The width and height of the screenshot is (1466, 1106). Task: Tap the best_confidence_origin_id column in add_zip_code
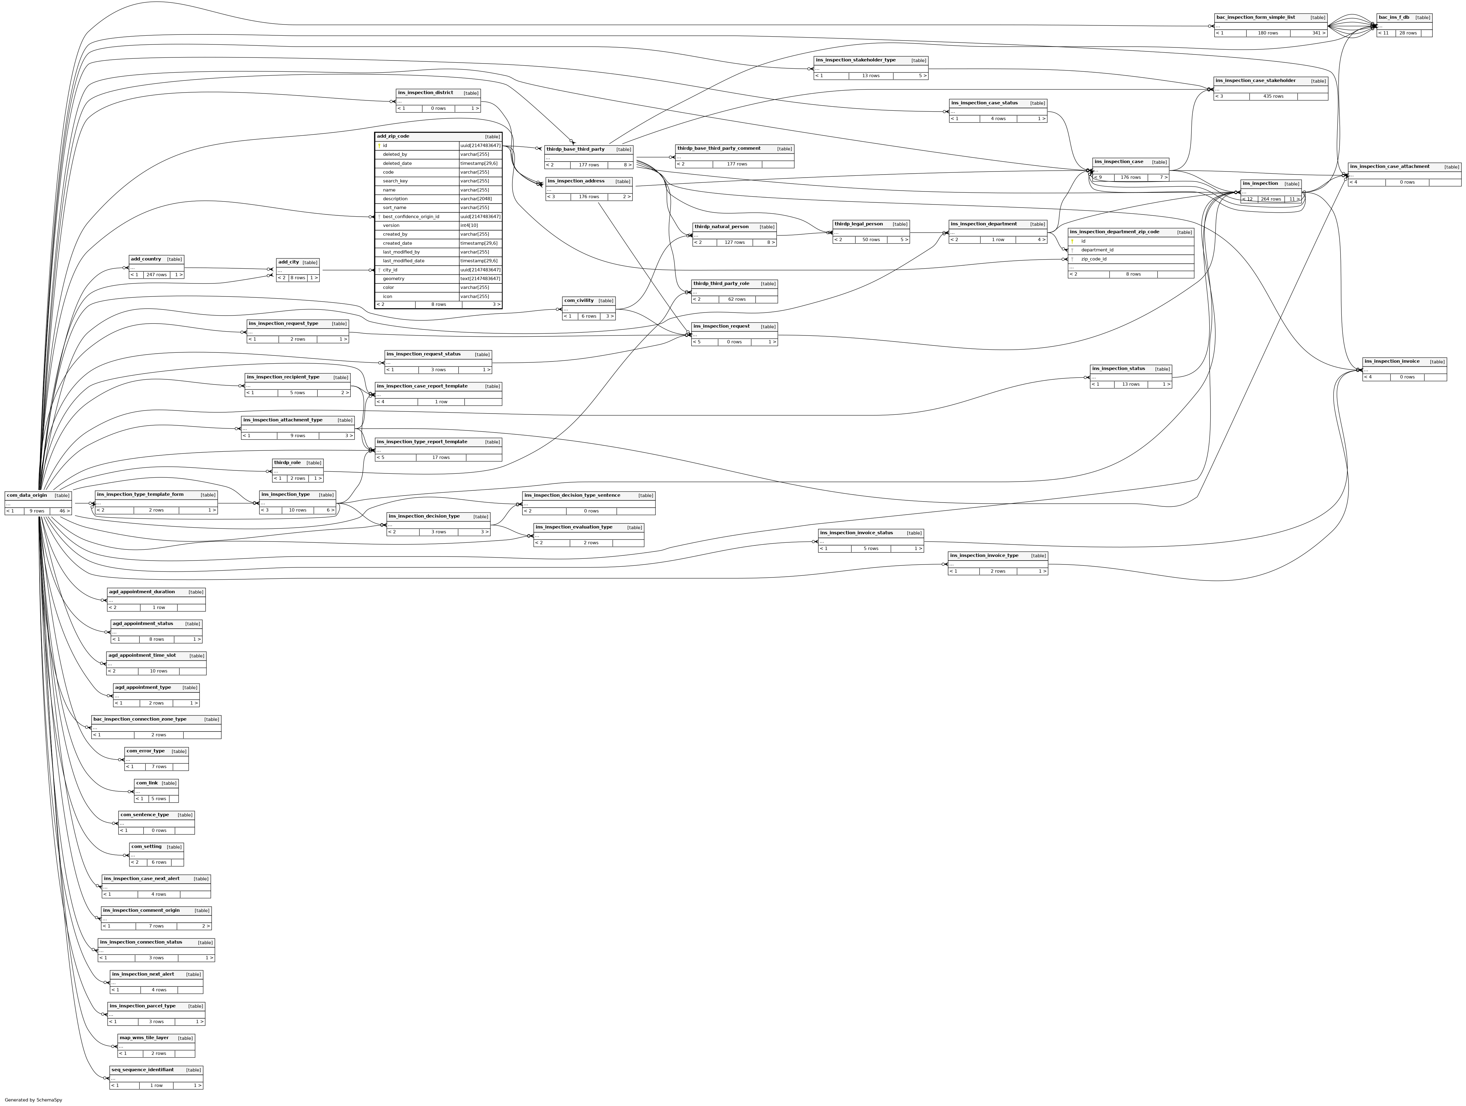[x=411, y=217]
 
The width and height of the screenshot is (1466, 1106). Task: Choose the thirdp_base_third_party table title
[x=575, y=149]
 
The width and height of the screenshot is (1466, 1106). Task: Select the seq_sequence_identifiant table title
[x=142, y=1069]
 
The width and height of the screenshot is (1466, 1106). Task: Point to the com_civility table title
[x=579, y=300]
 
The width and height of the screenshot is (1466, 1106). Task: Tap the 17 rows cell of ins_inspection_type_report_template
[x=441, y=457]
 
